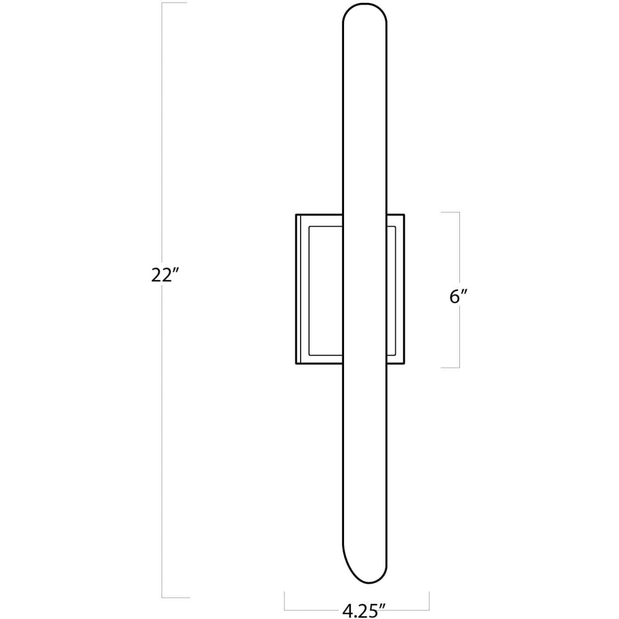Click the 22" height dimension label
tap(165, 275)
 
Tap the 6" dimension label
tap(459, 297)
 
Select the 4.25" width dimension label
tap(362, 611)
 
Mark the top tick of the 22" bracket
tap(175, 3)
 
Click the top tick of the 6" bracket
tap(450, 212)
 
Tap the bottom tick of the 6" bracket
tap(450, 367)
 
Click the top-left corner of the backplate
tap(296, 215)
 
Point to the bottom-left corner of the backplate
tap(296, 364)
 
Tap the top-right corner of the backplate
tap(404, 215)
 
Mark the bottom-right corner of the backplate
tap(404, 364)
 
